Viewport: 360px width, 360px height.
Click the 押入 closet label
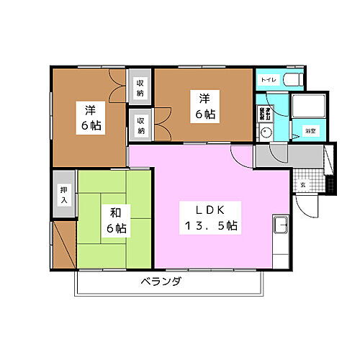[63, 196]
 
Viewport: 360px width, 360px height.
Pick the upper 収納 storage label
[140, 87]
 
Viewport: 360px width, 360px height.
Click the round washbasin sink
[266, 132]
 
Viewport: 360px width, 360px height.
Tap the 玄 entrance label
[302, 184]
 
